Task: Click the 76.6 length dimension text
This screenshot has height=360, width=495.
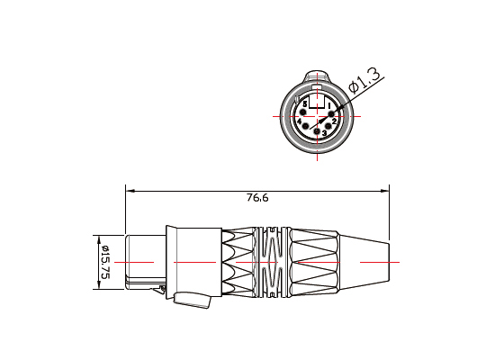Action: [256, 198]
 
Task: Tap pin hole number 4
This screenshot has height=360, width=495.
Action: [305, 126]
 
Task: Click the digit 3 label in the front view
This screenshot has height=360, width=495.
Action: [325, 134]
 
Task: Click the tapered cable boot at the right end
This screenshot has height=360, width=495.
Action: [364, 261]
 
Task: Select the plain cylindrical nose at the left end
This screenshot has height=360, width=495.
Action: [144, 261]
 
